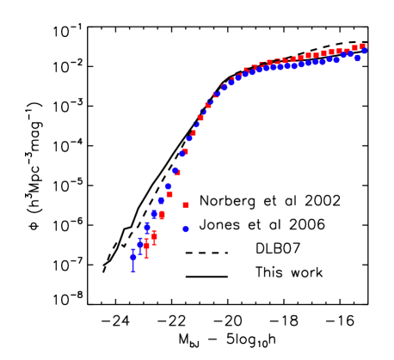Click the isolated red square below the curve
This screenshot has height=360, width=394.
[x=186, y=204]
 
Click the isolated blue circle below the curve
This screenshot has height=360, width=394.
[x=186, y=229]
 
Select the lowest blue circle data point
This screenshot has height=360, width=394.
[x=133, y=257]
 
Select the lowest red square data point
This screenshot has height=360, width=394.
[x=147, y=245]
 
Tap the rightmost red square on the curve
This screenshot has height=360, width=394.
[x=362, y=46]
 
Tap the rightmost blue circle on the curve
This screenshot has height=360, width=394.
[x=365, y=51]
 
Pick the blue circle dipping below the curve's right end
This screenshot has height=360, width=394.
[x=358, y=58]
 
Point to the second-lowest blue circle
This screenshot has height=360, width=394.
[x=140, y=244]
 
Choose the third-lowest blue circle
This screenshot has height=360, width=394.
[x=147, y=227]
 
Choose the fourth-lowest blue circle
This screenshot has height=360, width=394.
[x=154, y=213]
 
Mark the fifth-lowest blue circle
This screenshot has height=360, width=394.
[x=161, y=200]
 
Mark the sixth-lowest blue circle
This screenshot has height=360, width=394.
[x=169, y=186]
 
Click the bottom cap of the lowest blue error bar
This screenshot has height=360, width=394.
[x=133, y=272]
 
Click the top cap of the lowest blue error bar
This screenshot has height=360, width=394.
[x=133, y=249]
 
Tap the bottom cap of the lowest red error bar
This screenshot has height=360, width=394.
[x=147, y=258]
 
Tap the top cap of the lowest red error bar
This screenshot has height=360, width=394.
[x=147, y=238]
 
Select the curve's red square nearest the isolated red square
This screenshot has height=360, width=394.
[x=169, y=194]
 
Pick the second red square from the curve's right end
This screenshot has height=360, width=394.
[x=354, y=48]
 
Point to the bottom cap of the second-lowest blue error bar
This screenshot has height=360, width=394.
[x=140, y=255]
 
